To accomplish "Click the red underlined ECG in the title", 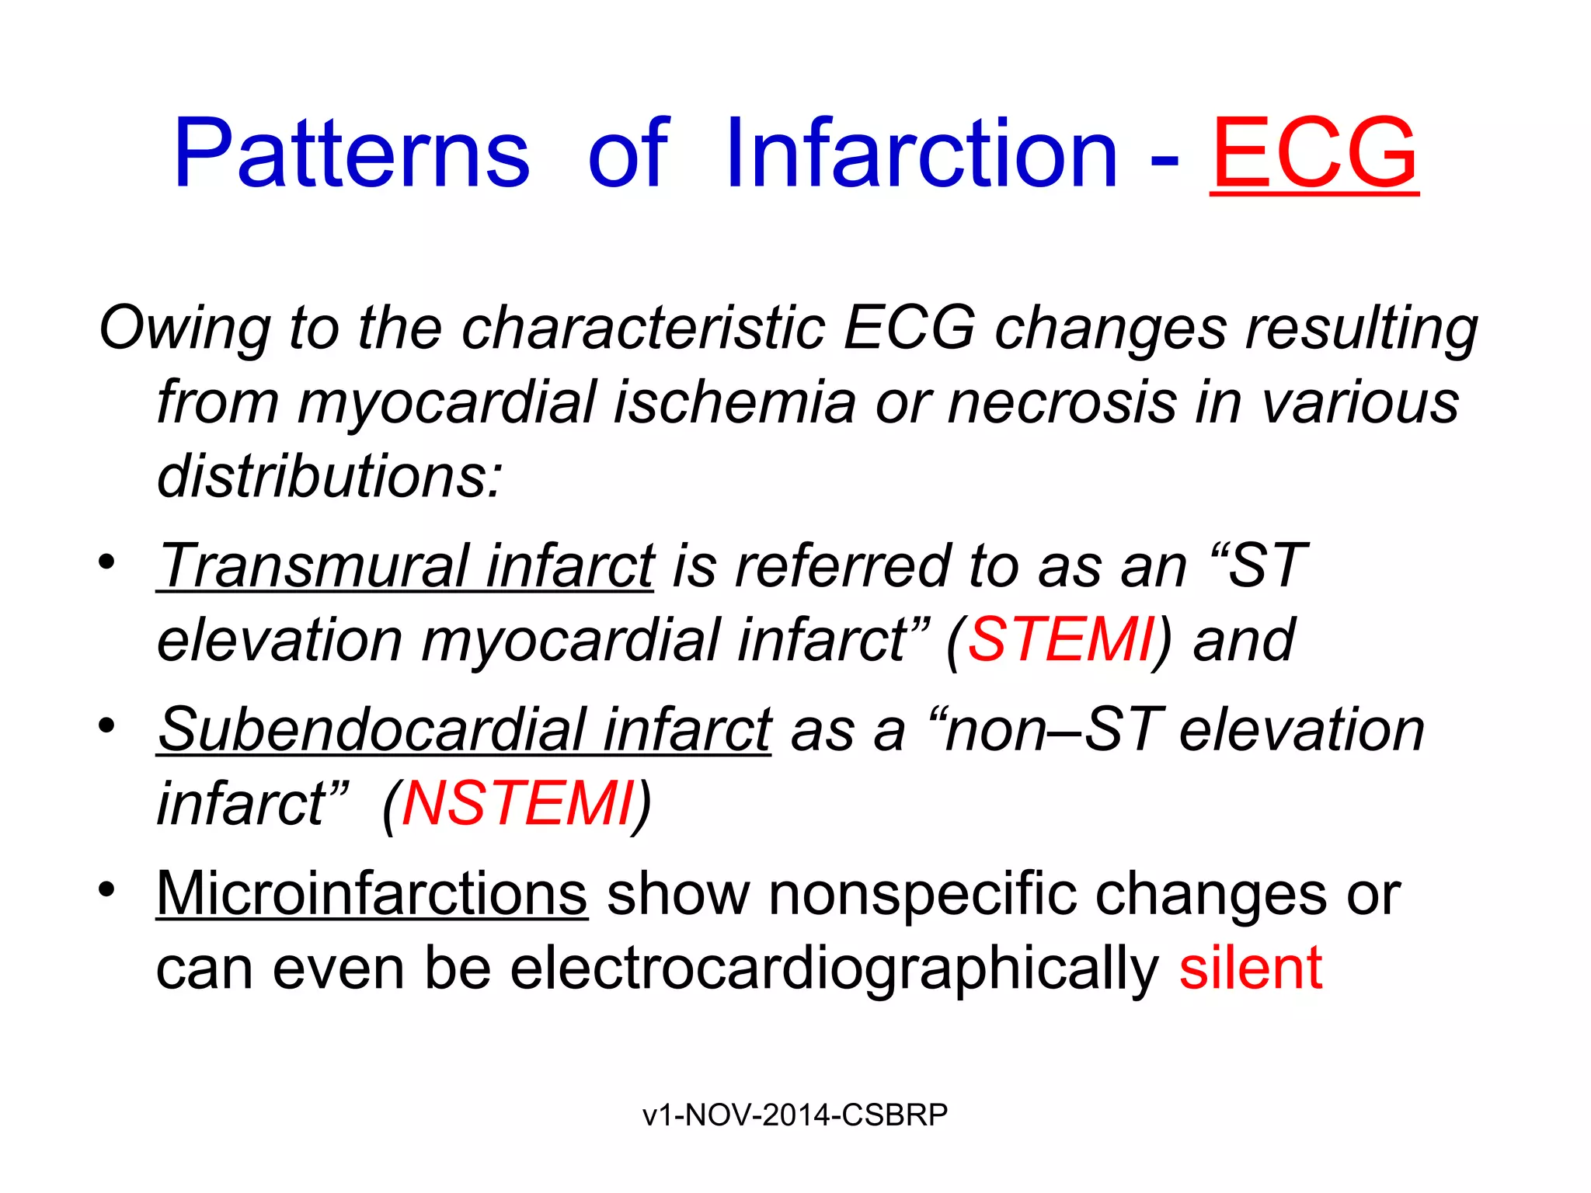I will point(1314,153).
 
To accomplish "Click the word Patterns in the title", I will point(351,153).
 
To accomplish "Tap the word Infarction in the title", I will point(921,153).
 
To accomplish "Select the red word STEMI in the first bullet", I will point(1061,640).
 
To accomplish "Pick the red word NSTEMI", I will point(517,804).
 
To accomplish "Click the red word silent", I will point(1250,968).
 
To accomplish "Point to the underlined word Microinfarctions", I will point(372,894).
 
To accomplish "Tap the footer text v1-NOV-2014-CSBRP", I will point(795,1115).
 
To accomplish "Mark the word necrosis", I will point(1062,402).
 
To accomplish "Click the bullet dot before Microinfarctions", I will point(107,889).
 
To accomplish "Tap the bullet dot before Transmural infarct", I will point(107,561).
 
